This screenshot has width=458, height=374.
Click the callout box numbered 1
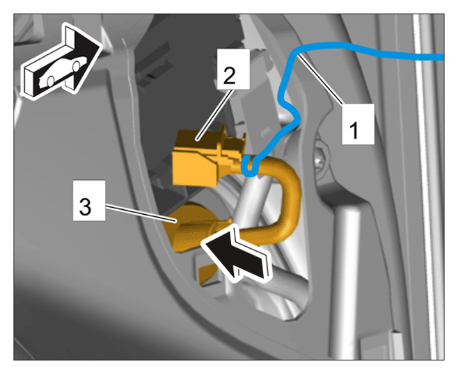(x=358, y=124)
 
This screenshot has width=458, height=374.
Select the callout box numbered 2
(x=233, y=69)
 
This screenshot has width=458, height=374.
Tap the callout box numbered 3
(x=89, y=200)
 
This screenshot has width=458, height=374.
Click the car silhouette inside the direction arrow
(x=62, y=72)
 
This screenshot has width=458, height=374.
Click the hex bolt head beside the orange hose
(x=322, y=162)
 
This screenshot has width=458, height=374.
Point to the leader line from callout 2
(x=215, y=115)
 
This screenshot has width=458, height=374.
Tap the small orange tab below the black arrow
(x=207, y=275)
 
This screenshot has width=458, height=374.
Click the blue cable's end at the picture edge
(x=443, y=58)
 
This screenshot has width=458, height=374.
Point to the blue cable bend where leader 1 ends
(x=298, y=54)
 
